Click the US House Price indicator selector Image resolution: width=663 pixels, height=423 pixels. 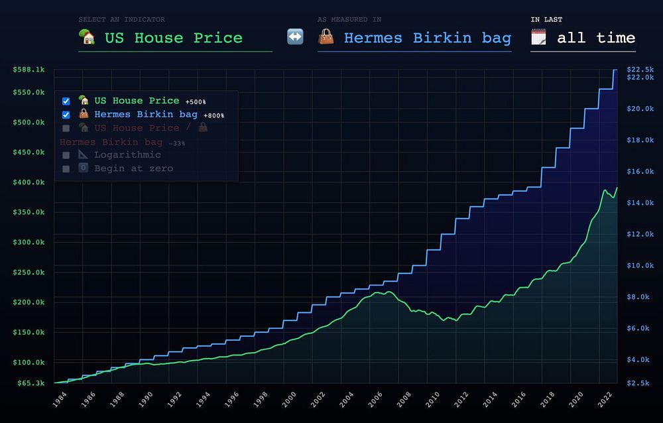pyautogui.click(x=174, y=38)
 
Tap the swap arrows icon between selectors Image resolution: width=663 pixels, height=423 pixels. pyautogui.click(x=295, y=37)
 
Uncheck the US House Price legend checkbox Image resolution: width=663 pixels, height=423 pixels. pyautogui.click(x=66, y=101)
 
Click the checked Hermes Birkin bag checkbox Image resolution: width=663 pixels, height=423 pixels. pyautogui.click(x=66, y=115)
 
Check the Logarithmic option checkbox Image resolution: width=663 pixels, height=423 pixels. pyautogui.click(x=66, y=155)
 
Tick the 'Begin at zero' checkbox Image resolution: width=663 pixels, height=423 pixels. pyautogui.click(x=66, y=168)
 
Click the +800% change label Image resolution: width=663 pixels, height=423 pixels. pyautogui.click(x=213, y=115)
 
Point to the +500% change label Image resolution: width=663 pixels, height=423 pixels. pyautogui.click(x=195, y=102)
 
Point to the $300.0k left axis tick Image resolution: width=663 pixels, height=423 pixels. pyautogui.click(x=29, y=242)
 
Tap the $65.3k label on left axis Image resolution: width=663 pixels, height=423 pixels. pyautogui.click(x=30, y=383)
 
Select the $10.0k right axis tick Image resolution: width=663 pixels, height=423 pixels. pyautogui.click(x=640, y=266)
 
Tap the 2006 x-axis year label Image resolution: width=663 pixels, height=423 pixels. pyautogui.click(x=375, y=400)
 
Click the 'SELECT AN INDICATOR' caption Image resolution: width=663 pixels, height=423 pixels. pyautogui.click(x=121, y=20)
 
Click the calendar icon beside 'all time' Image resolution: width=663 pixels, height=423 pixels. pyautogui.click(x=539, y=38)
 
